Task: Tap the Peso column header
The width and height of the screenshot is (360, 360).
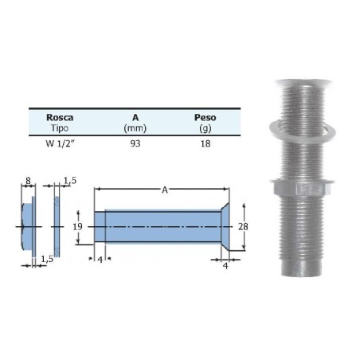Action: tap(205, 116)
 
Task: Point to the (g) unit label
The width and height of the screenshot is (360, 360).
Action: tap(205, 127)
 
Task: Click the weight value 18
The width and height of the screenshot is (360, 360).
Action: tap(205, 143)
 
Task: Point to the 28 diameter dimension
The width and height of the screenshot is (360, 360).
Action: tap(243, 227)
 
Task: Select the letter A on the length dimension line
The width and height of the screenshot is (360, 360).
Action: tap(164, 190)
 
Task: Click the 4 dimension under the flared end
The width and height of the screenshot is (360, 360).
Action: tap(226, 267)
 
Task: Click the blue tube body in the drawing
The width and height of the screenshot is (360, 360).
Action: tap(159, 226)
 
